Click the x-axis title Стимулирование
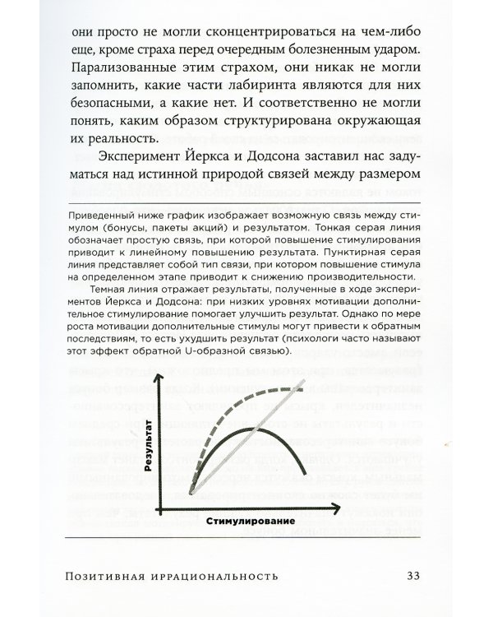click(x=251, y=521)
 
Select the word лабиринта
click(x=279, y=85)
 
